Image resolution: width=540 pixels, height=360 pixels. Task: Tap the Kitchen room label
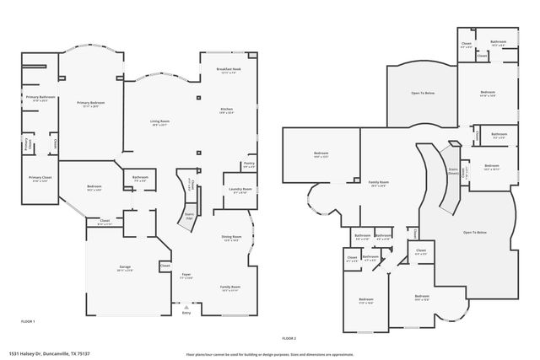coord(226,110)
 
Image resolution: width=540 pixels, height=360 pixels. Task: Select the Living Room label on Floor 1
coord(159,122)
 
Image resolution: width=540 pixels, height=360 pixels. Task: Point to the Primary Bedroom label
coord(91,102)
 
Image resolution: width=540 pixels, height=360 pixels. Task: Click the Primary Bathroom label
coord(40,97)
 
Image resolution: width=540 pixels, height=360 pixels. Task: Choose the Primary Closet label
coord(40,178)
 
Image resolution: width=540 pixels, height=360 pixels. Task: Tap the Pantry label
coord(249,164)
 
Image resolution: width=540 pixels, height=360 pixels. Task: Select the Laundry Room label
coord(240,189)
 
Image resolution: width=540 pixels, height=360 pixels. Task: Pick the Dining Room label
coord(232,238)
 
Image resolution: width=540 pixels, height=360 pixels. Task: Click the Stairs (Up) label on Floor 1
coord(189,216)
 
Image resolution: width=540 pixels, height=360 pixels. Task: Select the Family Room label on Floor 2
coord(378,183)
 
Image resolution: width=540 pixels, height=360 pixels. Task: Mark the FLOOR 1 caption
coord(28,321)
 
